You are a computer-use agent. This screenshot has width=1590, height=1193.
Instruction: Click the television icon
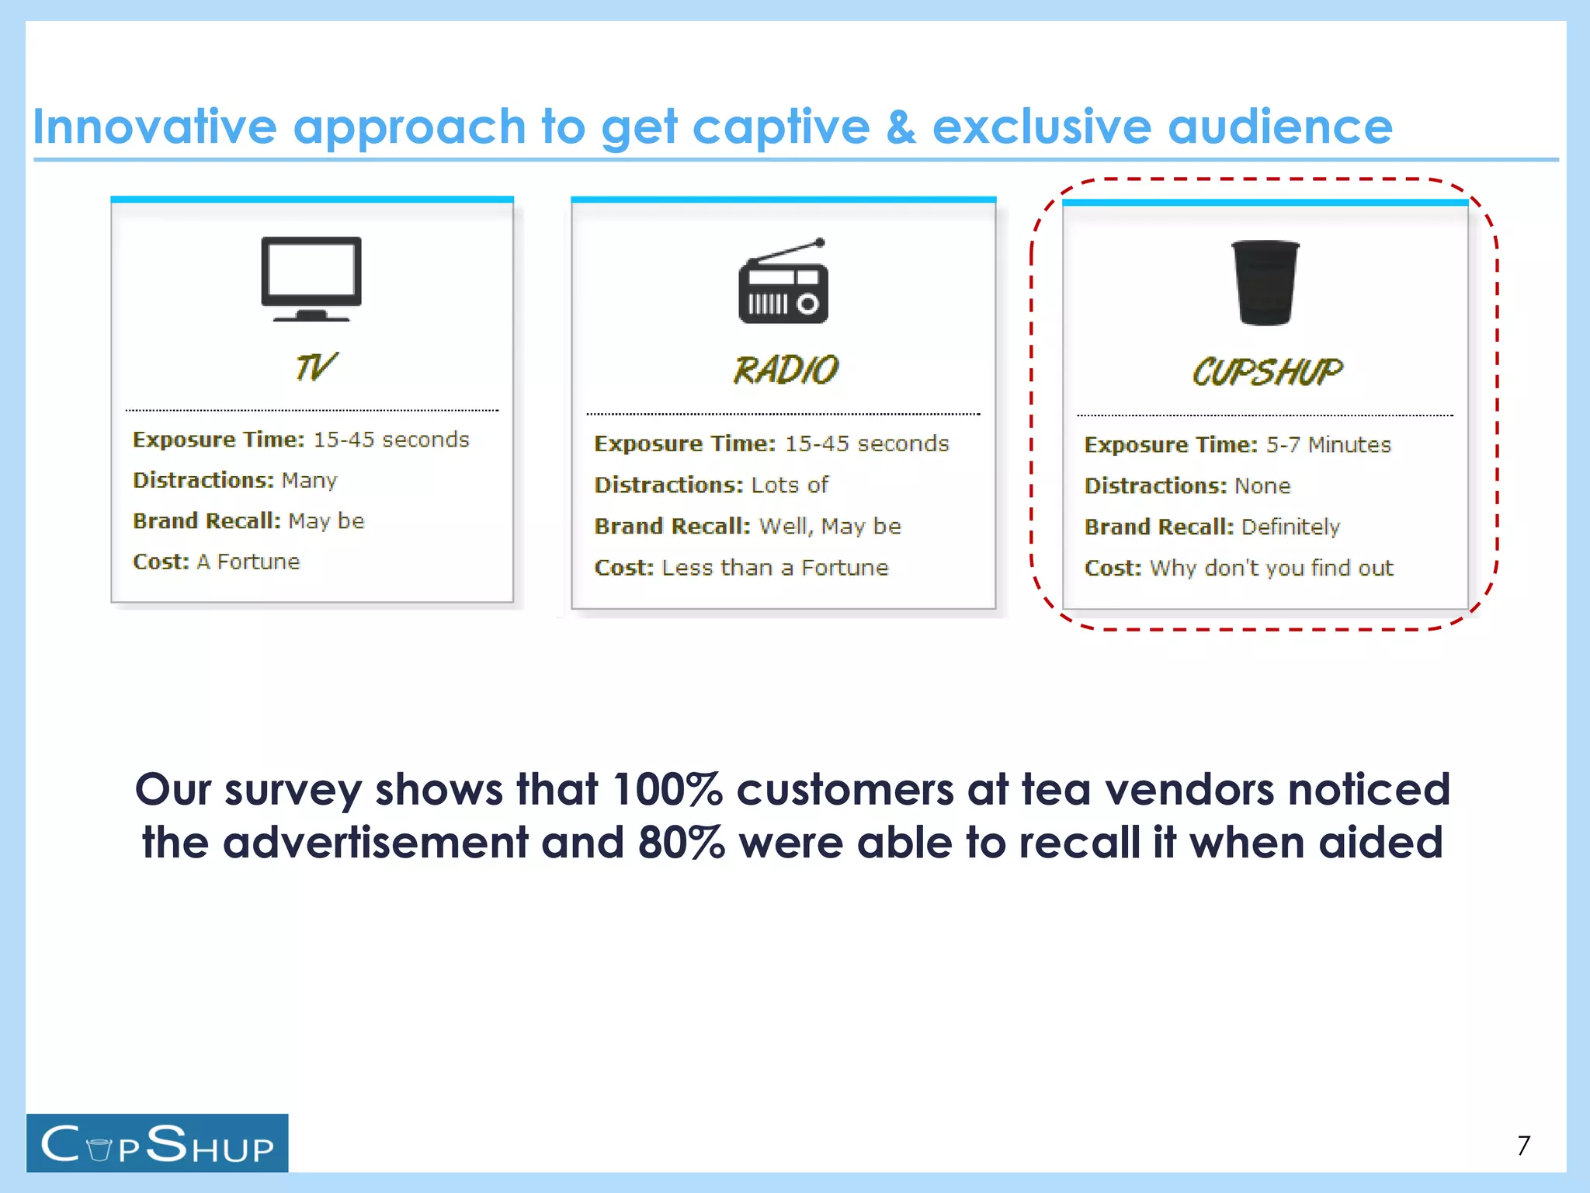[x=311, y=278]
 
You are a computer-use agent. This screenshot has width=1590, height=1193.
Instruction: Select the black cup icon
[x=1265, y=283]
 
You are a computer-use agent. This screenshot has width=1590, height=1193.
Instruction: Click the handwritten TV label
[x=315, y=367]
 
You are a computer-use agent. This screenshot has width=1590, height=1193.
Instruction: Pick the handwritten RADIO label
[x=786, y=370]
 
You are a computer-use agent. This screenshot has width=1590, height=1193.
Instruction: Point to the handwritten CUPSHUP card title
[x=1267, y=373]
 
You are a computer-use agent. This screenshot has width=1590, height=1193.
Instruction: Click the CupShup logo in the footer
[x=157, y=1143]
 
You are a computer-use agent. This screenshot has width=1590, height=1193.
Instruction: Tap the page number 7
[x=1523, y=1146]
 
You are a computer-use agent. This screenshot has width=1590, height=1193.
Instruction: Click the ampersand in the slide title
[x=901, y=127]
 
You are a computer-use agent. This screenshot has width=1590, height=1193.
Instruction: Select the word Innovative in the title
[x=154, y=127]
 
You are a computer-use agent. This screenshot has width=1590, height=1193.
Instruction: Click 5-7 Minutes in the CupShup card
[x=1328, y=445]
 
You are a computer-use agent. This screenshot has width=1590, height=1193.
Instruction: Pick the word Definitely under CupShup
[x=1290, y=527]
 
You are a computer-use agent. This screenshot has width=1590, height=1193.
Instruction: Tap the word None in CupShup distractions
[x=1262, y=486]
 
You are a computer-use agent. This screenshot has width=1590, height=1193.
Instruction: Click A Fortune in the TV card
[x=248, y=562]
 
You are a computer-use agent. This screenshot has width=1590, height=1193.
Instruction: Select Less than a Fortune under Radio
[x=774, y=568]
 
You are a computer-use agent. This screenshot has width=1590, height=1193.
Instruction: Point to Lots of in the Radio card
[x=790, y=485]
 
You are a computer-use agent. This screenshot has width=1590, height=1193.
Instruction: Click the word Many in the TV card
[x=309, y=481]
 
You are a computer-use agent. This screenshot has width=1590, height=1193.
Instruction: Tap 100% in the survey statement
[x=667, y=790]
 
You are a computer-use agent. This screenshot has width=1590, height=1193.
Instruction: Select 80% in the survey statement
[x=681, y=843]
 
